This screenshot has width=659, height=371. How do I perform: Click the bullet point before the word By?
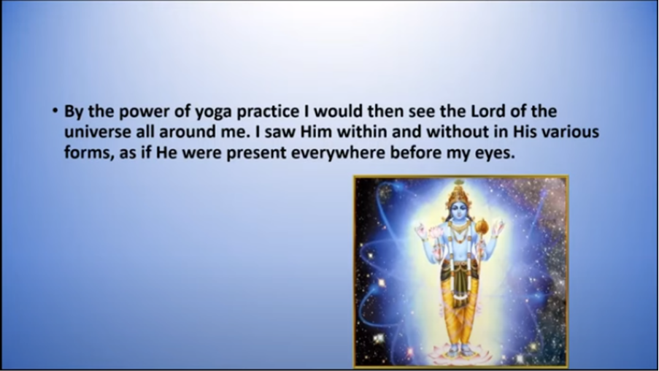55,111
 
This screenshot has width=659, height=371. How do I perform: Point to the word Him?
315,131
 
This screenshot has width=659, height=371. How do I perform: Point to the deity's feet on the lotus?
459,350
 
